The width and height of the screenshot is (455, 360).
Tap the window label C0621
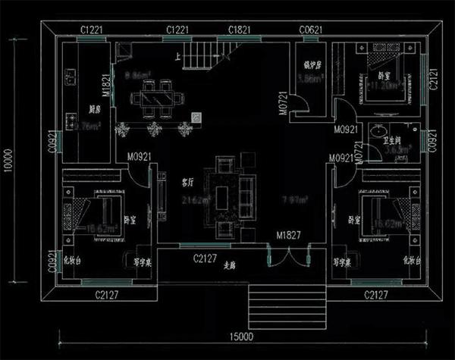tap(312, 30)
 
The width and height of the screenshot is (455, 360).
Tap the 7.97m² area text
tap(294, 200)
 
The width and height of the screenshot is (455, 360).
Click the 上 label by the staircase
tap(177, 56)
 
